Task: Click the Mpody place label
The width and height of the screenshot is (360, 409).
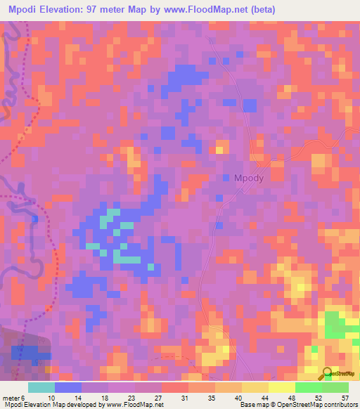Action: click(x=248, y=178)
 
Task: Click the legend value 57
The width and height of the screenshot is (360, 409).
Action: click(x=344, y=398)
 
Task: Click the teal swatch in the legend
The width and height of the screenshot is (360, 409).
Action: click(x=41, y=387)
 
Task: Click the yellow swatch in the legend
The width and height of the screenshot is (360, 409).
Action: click(x=281, y=387)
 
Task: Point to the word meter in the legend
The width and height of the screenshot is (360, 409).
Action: click(x=12, y=398)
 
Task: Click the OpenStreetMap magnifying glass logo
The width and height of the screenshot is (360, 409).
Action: click(x=326, y=374)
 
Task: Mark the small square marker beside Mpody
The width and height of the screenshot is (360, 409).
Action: click(x=226, y=178)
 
